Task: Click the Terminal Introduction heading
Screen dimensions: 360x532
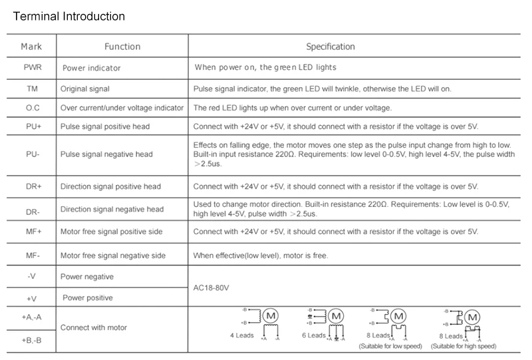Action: click(69, 15)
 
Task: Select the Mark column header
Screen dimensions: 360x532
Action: click(31, 47)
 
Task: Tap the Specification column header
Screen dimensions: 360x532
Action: click(330, 47)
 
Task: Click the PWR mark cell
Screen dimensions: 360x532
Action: click(32, 67)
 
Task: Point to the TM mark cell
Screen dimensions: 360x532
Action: click(32, 88)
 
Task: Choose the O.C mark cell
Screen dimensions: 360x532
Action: click(32, 108)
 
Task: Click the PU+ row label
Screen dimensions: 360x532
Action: click(32, 126)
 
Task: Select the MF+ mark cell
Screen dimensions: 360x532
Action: click(32, 232)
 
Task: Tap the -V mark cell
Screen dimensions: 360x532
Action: click(32, 276)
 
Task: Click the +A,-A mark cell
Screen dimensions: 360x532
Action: click(32, 318)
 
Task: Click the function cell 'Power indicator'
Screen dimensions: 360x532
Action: click(91, 68)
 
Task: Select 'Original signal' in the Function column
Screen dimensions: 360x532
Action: click(85, 88)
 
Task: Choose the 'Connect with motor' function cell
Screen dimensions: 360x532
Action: click(94, 327)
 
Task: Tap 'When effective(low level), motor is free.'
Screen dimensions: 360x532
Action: click(260, 255)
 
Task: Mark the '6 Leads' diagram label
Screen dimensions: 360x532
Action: click(314, 335)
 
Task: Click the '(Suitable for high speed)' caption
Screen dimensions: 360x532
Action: click(463, 346)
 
